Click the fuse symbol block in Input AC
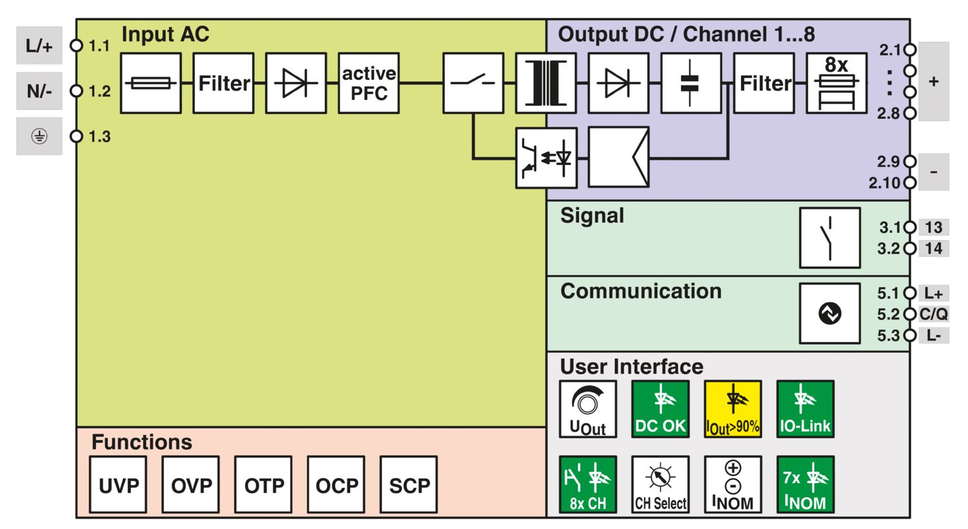(x=150, y=83)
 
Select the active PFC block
(x=368, y=83)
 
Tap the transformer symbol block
(x=545, y=83)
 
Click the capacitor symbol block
(x=691, y=83)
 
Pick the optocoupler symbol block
(x=546, y=158)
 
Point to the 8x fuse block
(x=836, y=83)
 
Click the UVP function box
(x=118, y=484)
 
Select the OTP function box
(x=263, y=484)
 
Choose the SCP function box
(x=408, y=484)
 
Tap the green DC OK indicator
(x=660, y=409)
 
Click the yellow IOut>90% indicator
(x=733, y=409)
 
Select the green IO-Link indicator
(x=805, y=409)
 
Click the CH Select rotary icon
(x=660, y=484)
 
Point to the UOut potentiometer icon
(x=588, y=409)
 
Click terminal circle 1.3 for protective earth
(x=77, y=136)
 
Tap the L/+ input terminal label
(x=39, y=46)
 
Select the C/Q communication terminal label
(x=933, y=314)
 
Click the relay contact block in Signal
(x=830, y=237)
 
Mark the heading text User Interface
(x=631, y=366)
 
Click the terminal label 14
(x=933, y=248)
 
